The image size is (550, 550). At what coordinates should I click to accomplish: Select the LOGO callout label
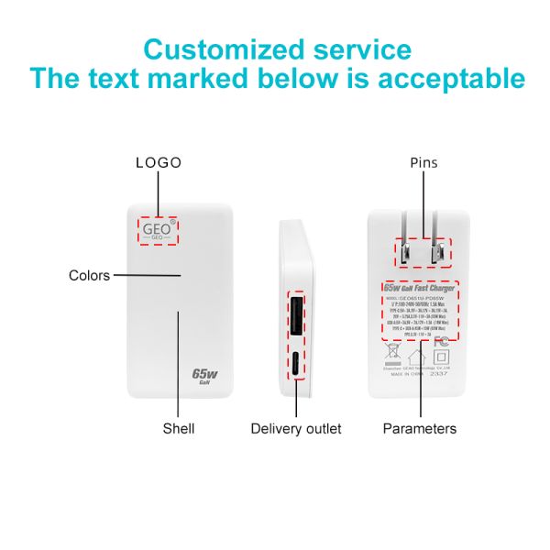(159, 163)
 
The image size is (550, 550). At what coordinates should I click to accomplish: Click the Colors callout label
(89, 275)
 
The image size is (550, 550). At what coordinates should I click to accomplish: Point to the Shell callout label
(179, 428)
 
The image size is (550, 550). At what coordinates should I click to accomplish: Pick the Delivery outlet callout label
(296, 428)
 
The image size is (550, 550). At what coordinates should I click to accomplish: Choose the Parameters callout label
(419, 428)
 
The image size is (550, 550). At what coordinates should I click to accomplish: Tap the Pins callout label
(423, 163)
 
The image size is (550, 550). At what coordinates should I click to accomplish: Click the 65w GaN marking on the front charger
(204, 377)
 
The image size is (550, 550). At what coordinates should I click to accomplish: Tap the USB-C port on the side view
(298, 364)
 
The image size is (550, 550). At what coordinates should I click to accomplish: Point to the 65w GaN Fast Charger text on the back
(420, 289)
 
